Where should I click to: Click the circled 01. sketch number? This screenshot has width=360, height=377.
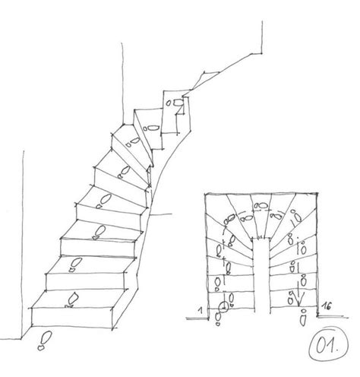(328, 344)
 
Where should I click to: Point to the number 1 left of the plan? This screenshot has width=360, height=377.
(201, 309)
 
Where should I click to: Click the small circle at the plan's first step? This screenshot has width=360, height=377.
(223, 307)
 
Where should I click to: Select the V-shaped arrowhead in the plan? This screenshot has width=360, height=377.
(298, 299)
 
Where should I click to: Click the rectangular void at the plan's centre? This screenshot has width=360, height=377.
(262, 275)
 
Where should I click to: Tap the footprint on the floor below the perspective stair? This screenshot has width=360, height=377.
(45, 341)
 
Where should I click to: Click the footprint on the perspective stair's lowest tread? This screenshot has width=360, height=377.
(71, 299)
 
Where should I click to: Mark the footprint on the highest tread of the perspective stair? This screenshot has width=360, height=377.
(175, 103)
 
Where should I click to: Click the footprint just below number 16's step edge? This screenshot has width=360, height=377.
(303, 318)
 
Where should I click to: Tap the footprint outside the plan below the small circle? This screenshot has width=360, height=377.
(218, 318)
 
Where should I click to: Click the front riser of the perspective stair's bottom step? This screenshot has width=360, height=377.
(72, 318)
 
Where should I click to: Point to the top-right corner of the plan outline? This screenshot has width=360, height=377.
(317, 193)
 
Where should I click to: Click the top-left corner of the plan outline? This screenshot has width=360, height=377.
(205, 194)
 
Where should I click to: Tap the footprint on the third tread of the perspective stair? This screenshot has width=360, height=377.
(99, 232)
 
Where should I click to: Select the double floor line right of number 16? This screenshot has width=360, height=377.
(333, 316)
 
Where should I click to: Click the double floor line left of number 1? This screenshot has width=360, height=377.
(197, 318)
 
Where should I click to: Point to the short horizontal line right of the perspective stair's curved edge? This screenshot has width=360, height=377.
(161, 214)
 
